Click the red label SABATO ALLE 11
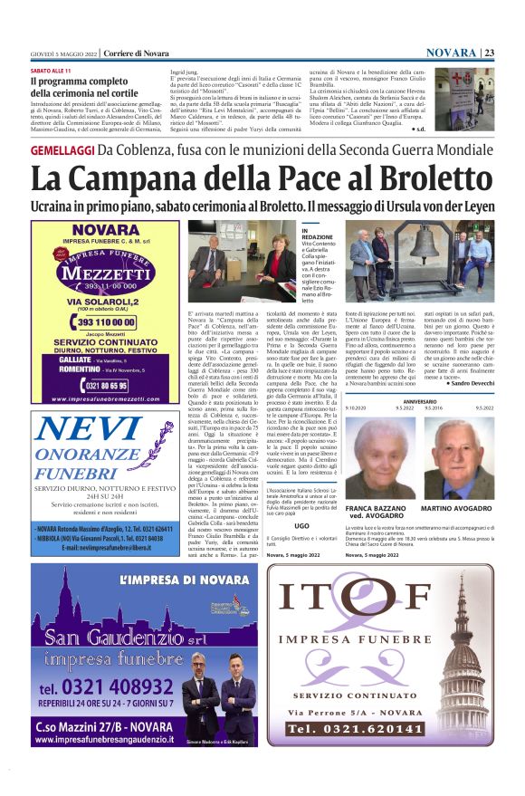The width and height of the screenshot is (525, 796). [51, 71]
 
